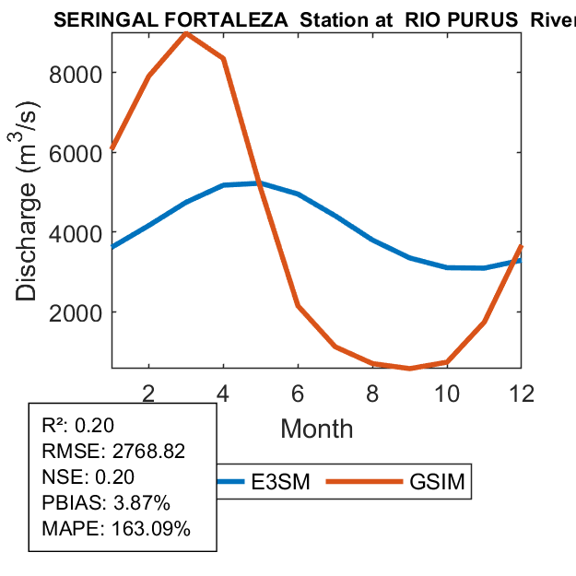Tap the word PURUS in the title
483,20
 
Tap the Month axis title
316,428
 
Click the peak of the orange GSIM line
186,33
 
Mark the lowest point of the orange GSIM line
410,369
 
